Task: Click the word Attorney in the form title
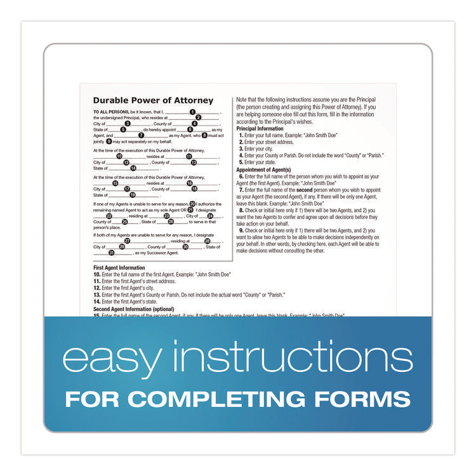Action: coord(193,100)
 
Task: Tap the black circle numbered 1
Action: coord(192,112)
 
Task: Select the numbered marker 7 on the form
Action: coord(141,135)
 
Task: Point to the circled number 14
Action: coord(133,168)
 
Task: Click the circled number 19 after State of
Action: coord(133,195)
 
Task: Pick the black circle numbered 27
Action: coord(128,241)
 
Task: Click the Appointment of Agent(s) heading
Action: coord(263,170)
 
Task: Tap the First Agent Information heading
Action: coord(119,268)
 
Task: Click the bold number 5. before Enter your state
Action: coord(241,162)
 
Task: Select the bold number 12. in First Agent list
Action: coord(97,288)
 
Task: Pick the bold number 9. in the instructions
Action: coord(241,230)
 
